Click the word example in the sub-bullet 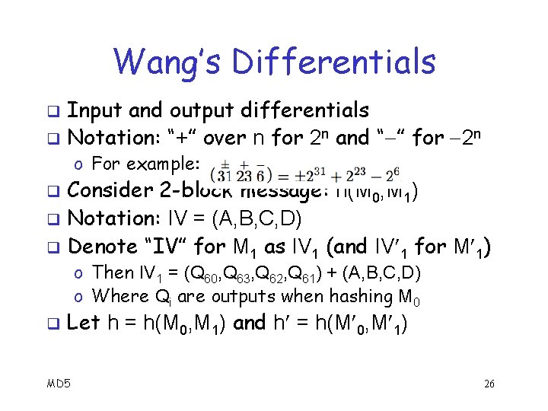[x=164, y=164]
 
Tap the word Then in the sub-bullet [x=112, y=272]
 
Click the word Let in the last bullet [x=84, y=323]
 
